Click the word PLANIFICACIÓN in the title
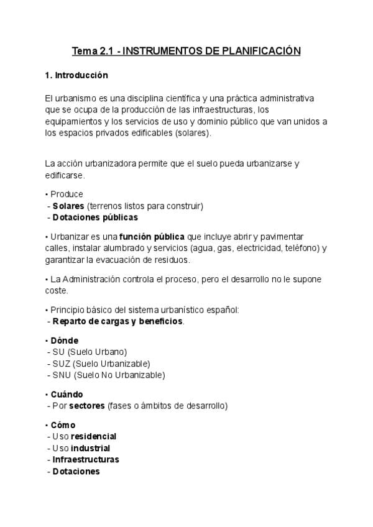tap(261, 51)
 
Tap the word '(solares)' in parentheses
tap(193, 133)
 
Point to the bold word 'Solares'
tap(68, 206)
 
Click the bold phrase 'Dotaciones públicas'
tap(95, 218)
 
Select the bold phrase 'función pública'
tap(152, 237)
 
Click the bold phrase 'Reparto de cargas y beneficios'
tap(118, 321)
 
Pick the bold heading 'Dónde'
tap(65, 341)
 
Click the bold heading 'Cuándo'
tap(67, 395)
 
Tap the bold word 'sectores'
tap(88, 406)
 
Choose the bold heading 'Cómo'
tap(63, 425)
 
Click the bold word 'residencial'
tap(94, 436)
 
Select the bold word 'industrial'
tap(91, 448)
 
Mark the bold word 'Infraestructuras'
tap(86, 460)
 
